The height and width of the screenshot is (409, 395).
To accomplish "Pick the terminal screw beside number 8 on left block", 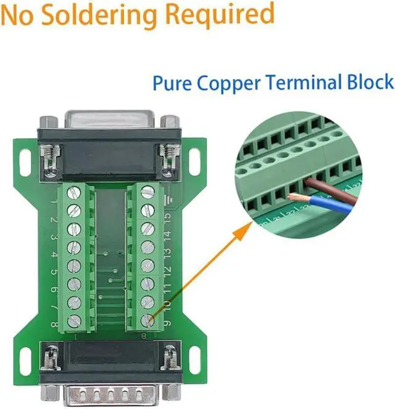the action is click(x=72, y=320).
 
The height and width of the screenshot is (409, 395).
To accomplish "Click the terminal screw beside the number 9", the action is click(x=148, y=321).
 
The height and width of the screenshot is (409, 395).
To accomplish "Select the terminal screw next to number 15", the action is click(x=148, y=210).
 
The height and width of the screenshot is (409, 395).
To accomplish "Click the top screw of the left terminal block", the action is click(x=72, y=192).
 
